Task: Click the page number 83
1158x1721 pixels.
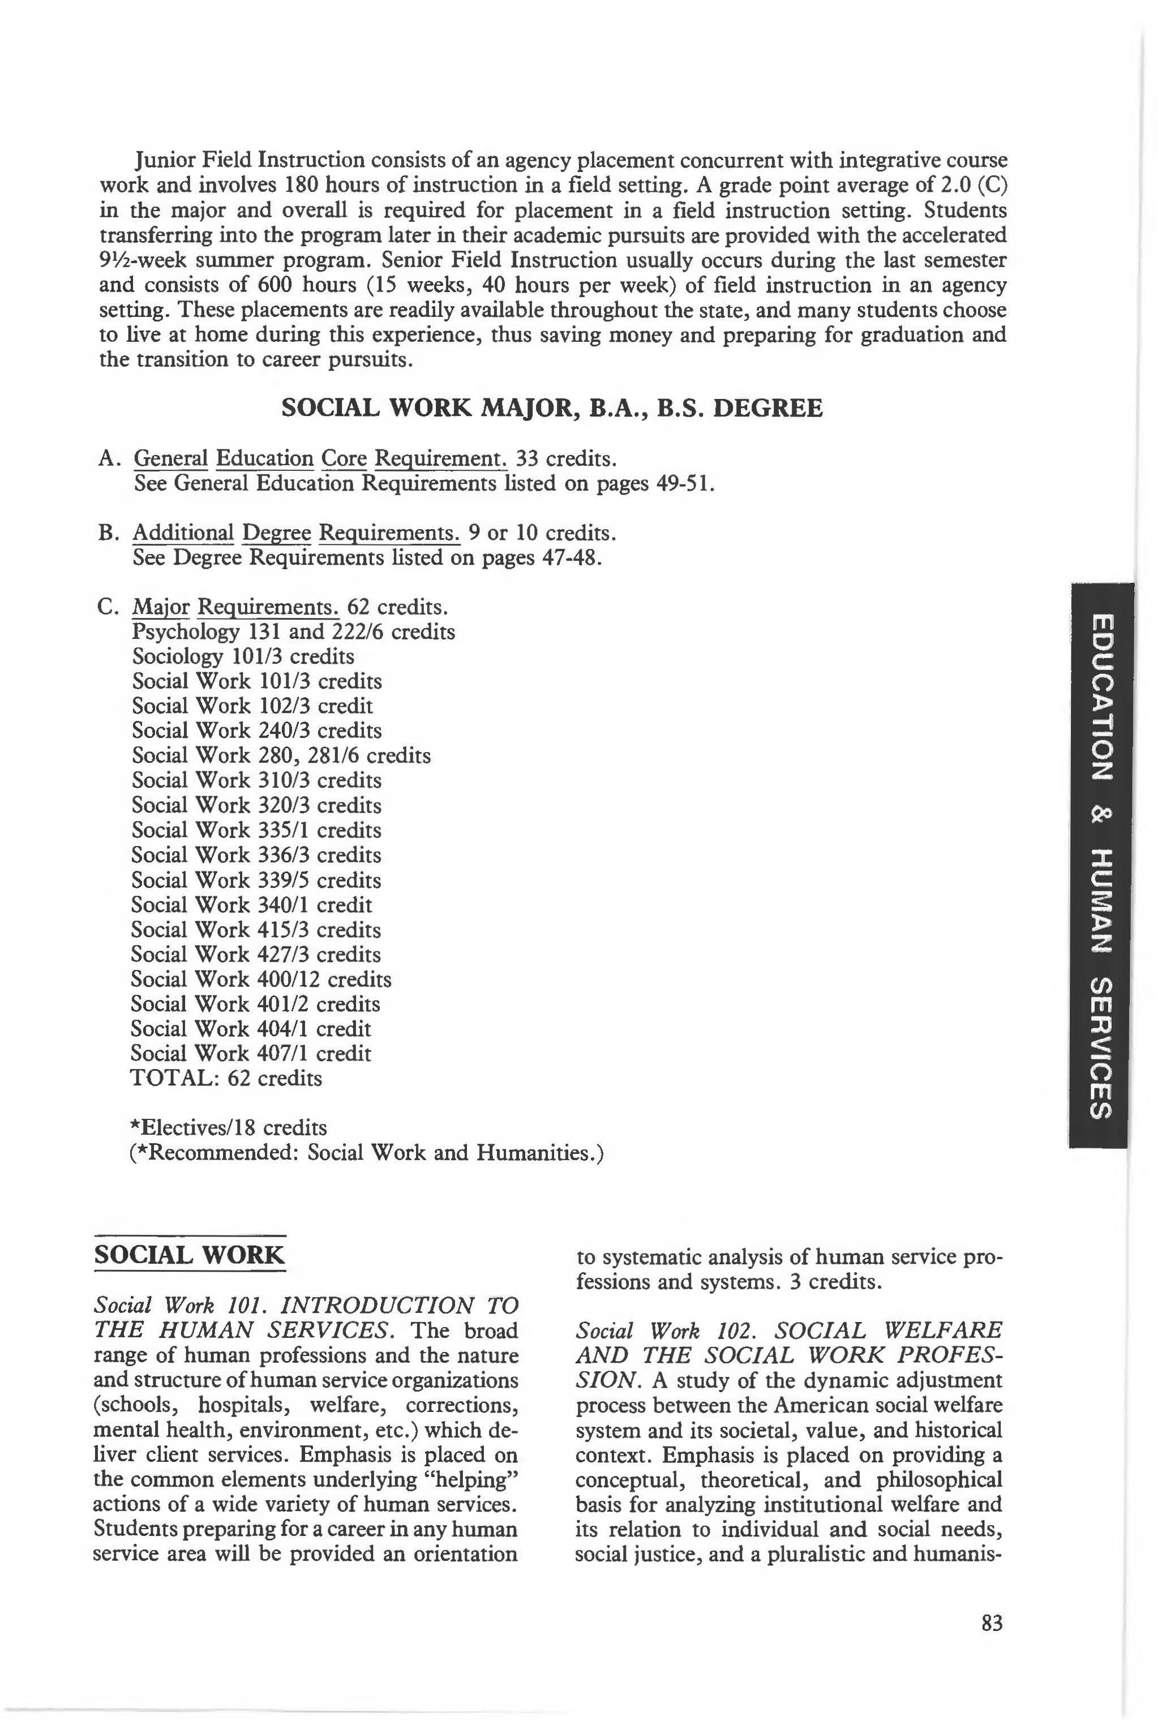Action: tap(992, 1623)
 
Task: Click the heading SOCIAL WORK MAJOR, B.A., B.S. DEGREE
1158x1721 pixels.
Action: tap(552, 408)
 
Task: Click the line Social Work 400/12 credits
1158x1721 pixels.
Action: tap(261, 979)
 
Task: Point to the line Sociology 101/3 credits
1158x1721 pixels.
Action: tap(243, 656)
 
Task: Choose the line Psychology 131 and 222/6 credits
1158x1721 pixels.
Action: tap(293, 632)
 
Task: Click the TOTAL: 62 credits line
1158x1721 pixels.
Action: tap(226, 1078)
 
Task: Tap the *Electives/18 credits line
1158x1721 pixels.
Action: tap(228, 1127)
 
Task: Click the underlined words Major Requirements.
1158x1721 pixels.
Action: tap(235, 607)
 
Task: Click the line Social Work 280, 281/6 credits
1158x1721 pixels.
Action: tap(281, 756)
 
